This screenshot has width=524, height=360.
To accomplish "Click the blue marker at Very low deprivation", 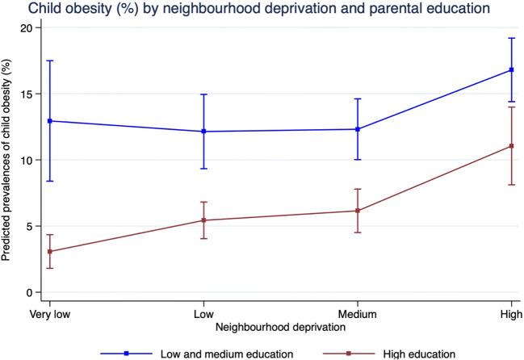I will [51, 121].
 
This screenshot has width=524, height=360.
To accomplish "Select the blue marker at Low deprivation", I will [204, 132].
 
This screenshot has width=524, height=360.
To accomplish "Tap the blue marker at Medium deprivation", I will [358, 129].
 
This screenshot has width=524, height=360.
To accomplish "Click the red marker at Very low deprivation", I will [51, 252].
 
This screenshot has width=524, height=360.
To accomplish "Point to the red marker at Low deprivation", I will [204, 220].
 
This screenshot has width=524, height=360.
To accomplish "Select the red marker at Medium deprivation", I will [358, 211].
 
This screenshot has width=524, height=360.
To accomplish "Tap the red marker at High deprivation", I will [511, 146].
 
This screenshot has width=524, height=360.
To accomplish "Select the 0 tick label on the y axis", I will [29, 292].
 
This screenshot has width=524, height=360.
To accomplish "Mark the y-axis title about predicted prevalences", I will [7, 160].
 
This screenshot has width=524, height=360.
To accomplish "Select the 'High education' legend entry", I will [400, 353].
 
